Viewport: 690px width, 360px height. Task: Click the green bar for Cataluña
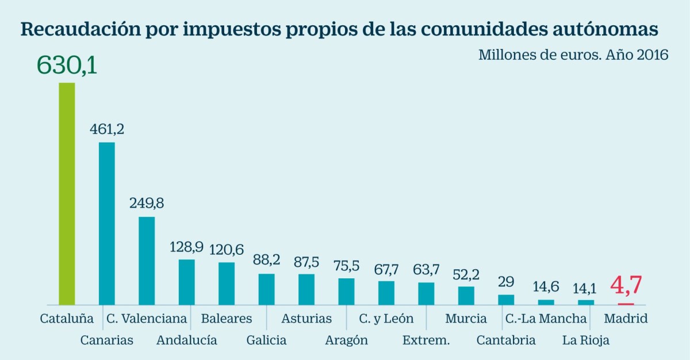(67, 193)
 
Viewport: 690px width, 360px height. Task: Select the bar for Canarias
(107, 223)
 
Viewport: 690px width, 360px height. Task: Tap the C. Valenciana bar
(147, 261)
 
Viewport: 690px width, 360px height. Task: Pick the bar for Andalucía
(187, 282)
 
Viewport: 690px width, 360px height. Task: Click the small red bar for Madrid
(626, 304)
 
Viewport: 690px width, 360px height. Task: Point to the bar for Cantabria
(506, 300)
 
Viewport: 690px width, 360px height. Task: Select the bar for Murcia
(466, 296)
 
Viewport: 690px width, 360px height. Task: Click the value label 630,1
(67, 65)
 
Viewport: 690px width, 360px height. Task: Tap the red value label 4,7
(626, 285)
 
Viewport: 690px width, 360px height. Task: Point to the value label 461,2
(107, 129)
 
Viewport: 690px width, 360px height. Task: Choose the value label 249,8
(147, 204)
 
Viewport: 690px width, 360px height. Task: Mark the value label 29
(506, 282)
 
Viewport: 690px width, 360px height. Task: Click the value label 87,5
(306, 261)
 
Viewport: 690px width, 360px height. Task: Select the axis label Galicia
(266, 340)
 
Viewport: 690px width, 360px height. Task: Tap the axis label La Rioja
(586, 340)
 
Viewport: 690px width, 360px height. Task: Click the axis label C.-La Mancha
(546, 319)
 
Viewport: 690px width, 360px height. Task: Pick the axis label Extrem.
(426, 340)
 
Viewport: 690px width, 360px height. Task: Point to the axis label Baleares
(227, 319)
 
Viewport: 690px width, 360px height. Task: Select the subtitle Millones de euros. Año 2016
(573, 55)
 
